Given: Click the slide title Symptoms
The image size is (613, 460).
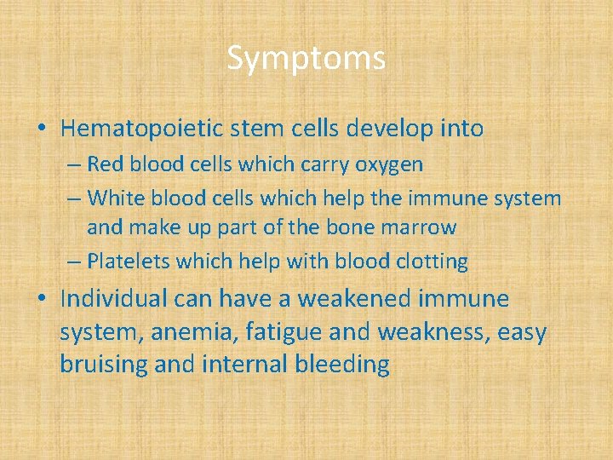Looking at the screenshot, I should point(306,59).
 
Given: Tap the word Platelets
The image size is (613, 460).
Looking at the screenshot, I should point(124,262).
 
